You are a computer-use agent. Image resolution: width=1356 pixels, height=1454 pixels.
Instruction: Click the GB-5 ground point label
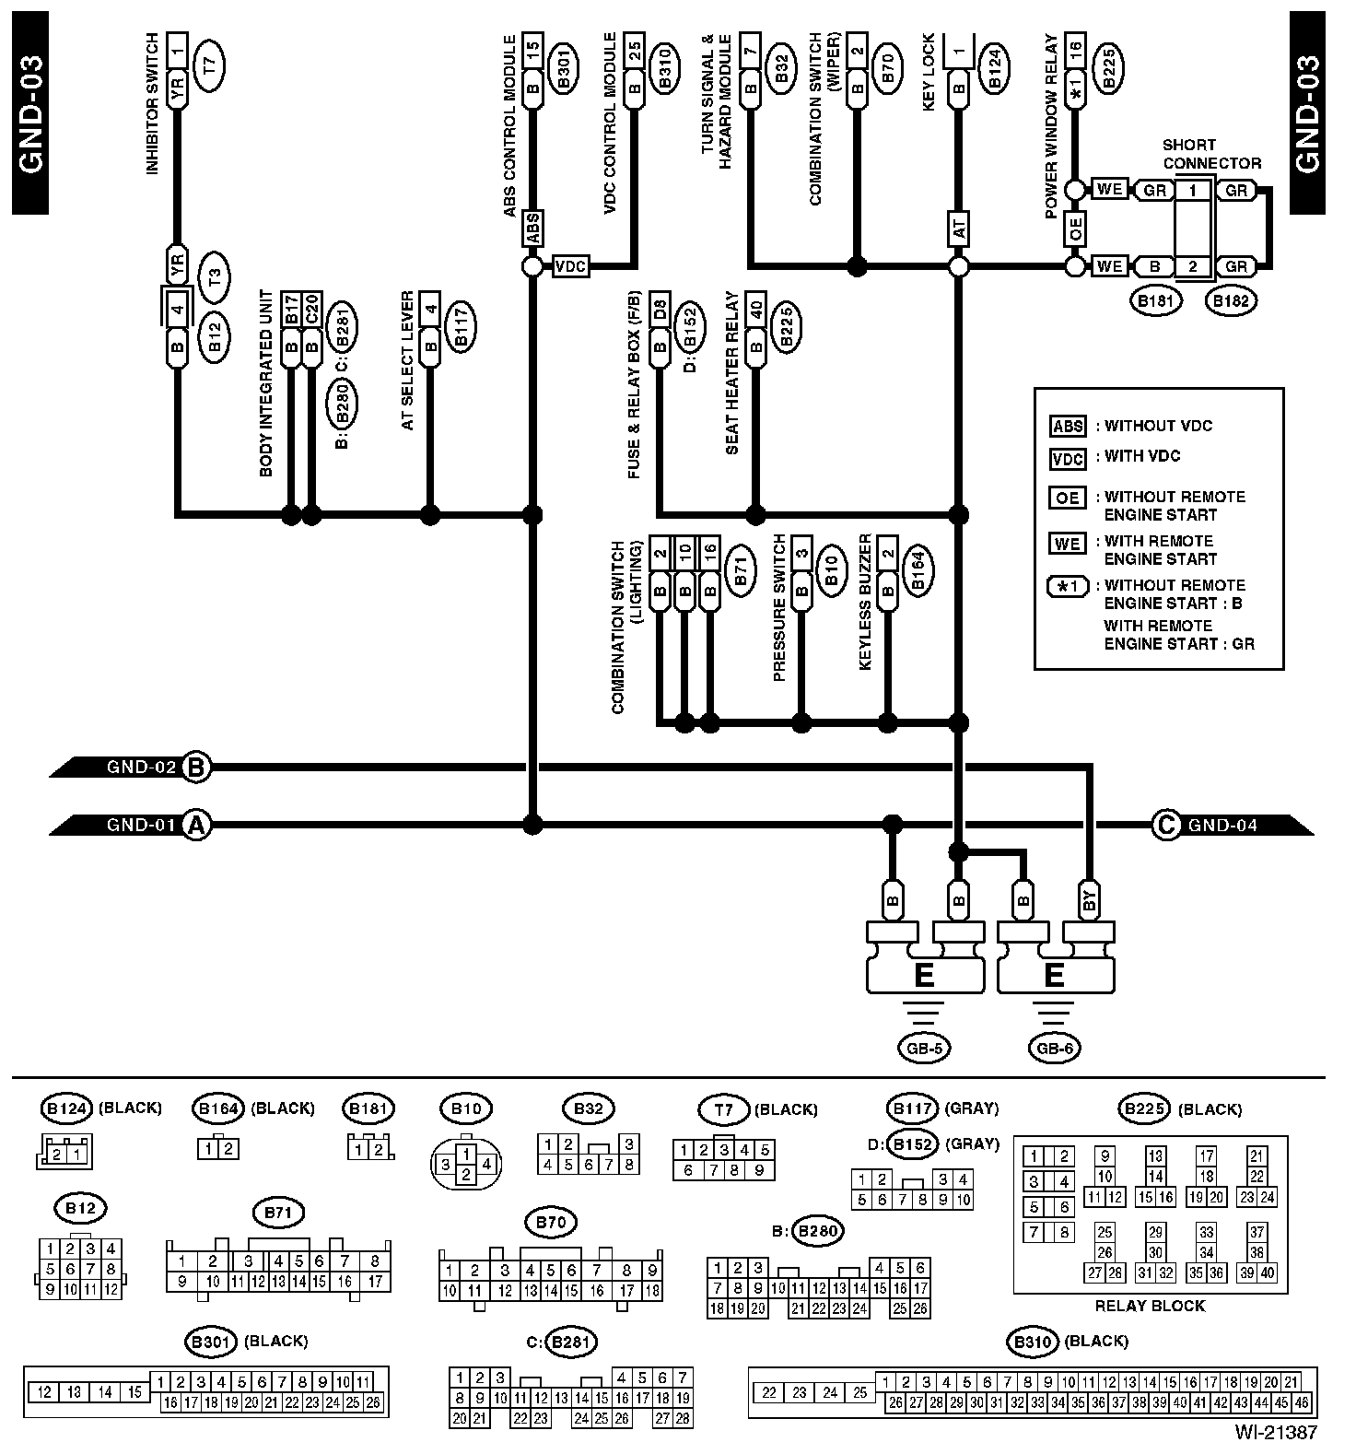923,1048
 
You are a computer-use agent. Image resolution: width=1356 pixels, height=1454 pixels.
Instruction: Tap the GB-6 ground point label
1054,1048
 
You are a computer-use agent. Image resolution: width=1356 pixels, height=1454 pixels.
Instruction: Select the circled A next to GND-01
194,825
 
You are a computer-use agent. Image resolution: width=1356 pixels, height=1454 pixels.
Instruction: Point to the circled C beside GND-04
1166,825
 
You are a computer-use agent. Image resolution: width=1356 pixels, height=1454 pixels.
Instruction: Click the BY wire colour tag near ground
1091,900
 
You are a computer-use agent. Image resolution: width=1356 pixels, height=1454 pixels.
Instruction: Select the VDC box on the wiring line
571,267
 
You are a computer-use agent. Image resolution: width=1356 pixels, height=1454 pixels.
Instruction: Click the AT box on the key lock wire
959,229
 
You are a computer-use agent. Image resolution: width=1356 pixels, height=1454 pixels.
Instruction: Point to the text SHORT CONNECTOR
1210,154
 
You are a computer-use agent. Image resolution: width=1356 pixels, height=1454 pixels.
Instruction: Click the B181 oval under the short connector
1156,300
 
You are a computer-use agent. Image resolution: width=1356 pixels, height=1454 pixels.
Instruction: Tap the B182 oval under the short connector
1232,300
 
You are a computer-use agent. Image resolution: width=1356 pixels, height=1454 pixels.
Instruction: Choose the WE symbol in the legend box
1068,543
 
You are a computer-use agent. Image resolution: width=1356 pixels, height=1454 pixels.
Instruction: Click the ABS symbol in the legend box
1068,427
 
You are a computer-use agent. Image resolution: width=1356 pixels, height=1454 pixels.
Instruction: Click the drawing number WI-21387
1277,1433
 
